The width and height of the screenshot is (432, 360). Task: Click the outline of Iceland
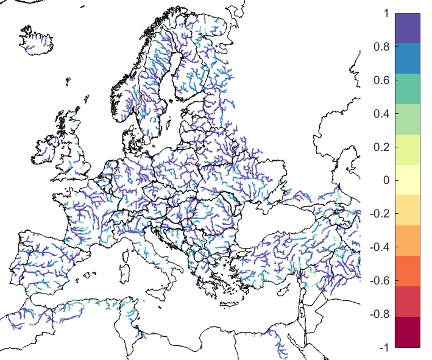pyautogui.click(x=38, y=40)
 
